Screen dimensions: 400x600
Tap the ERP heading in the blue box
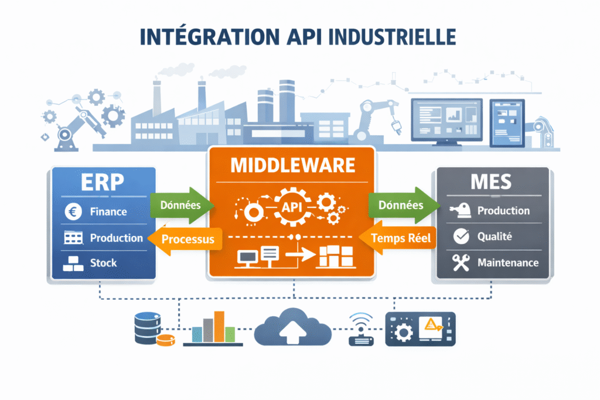103,182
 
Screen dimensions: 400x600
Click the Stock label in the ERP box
103,263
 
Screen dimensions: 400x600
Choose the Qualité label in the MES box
495,236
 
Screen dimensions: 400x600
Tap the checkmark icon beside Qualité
462,237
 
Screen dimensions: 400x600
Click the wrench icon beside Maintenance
462,263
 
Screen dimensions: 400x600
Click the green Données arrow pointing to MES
403,205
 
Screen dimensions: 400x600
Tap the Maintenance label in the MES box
507,262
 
